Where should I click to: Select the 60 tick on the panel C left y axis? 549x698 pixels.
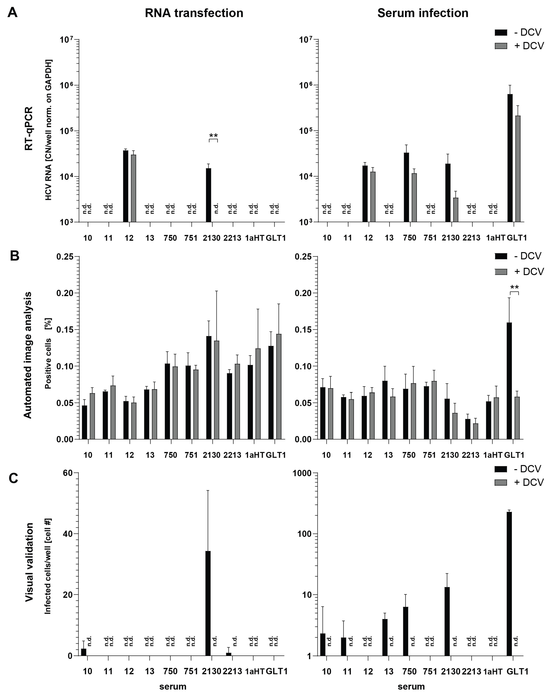click(x=67, y=473)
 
